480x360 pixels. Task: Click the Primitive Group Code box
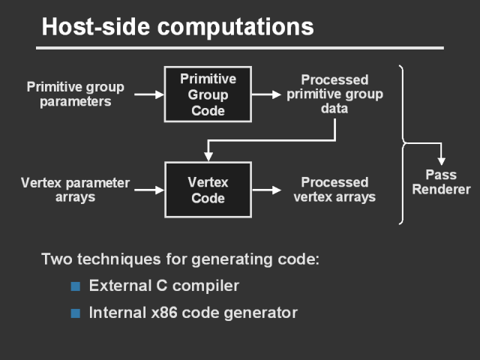click(208, 94)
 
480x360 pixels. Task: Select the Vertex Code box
click(208, 190)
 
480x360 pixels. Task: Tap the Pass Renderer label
click(441, 182)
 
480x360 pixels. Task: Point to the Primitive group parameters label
click(75, 94)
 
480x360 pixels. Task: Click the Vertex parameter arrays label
click(76, 190)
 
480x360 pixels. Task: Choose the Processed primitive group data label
click(334, 94)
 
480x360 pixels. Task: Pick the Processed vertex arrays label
click(334, 190)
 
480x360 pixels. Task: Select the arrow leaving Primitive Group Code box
click(265, 94)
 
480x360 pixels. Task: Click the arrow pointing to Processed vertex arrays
click(265, 190)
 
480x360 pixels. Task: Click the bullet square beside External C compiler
click(75, 286)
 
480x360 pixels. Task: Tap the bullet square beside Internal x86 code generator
click(75, 313)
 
